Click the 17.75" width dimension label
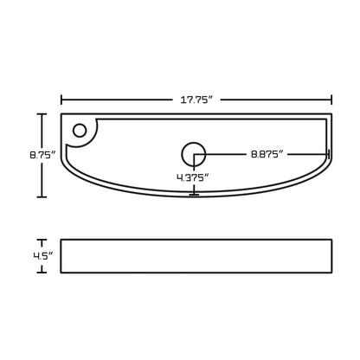coord(196,100)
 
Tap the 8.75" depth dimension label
coord(42,155)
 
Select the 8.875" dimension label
coord(267,154)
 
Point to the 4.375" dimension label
coord(192,177)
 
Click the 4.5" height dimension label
coord(43,256)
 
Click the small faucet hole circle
coord(80,131)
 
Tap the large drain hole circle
coord(194,154)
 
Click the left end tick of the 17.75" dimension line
coord(61,100)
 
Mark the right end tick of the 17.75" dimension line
coord(331,100)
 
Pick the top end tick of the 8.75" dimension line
coord(42,114)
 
